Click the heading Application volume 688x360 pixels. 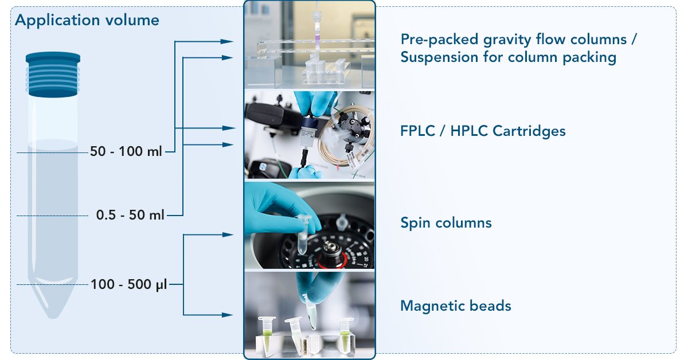pyautogui.click(x=87, y=20)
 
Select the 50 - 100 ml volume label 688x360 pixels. pyautogui.click(x=126, y=151)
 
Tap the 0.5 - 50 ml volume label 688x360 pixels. pyautogui.click(x=130, y=215)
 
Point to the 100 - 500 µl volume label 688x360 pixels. pyautogui.click(x=128, y=284)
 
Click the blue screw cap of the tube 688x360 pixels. pyautogui.click(x=53, y=75)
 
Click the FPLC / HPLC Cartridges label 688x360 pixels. pyautogui.click(x=483, y=131)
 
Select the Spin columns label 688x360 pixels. pyautogui.click(x=446, y=222)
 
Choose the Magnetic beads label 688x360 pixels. pyautogui.click(x=456, y=306)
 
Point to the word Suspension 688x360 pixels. pyautogui.click(x=440, y=57)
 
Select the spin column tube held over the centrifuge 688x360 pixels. pyautogui.click(x=304, y=234)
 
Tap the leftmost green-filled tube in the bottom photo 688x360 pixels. pyautogui.click(x=266, y=335)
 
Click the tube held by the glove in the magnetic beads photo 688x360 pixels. pyautogui.click(x=311, y=311)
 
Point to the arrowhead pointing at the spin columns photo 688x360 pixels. pyautogui.click(x=228, y=235)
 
